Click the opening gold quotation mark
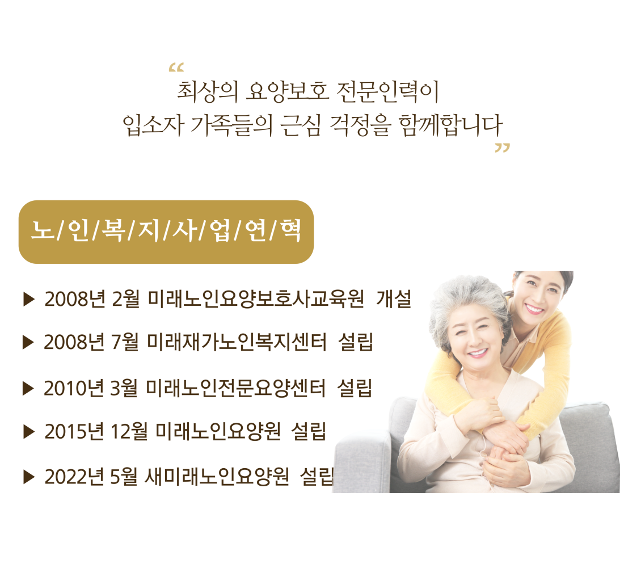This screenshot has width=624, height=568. (176, 68)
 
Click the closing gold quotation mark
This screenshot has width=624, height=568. (502, 148)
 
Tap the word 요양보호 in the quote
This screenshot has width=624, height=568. (288, 91)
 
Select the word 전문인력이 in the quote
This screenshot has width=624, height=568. (387, 91)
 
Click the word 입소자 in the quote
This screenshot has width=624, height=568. (154, 126)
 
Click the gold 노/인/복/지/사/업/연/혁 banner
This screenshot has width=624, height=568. (166, 232)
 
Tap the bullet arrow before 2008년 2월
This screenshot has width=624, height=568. (29, 300)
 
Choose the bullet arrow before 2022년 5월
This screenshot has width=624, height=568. (29, 477)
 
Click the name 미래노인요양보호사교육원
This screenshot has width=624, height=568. (255, 300)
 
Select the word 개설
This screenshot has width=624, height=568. (394, 300)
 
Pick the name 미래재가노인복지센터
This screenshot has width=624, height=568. (237, 342)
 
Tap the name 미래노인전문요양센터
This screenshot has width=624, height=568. (235, 388)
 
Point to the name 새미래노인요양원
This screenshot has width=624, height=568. (217, 477)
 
